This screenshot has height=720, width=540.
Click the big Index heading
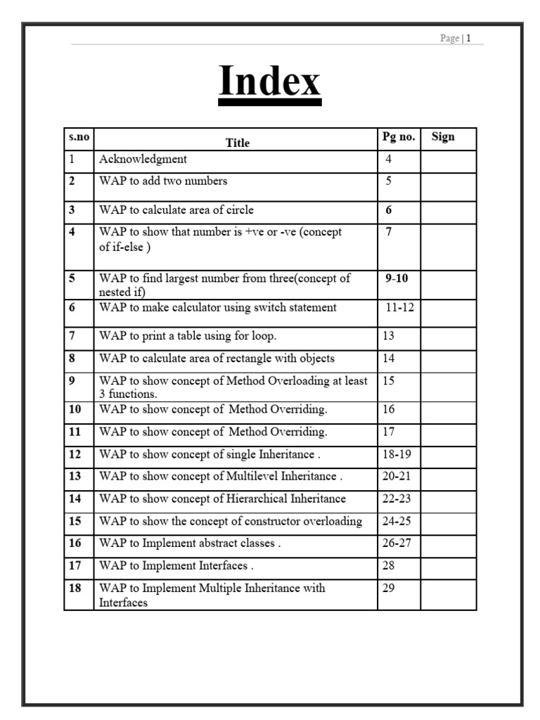(x=269, y=82)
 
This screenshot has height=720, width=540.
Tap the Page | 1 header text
(x=461, y=39)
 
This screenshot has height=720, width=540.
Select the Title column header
(x=238, y=143)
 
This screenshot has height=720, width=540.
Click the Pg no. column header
(x=399, y=137)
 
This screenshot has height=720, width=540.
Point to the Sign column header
(x=443, y=137)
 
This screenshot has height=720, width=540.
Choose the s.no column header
(x=79, y=137)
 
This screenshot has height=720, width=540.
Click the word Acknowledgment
(x=143, y=160)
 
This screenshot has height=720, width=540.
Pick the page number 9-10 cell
(x=397, y=278)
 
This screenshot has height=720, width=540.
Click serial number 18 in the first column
(x=75, y=588)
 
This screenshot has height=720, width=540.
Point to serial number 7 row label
(x=72, y=336)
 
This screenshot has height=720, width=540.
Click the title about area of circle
(x=176, y=210)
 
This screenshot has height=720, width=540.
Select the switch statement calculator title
(x=218, y=307)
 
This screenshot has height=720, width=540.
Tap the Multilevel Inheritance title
(x=221, y=476)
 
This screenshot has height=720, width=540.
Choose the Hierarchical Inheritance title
(x=222, y=499)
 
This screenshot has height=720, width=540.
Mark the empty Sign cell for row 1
(x=448, y=161)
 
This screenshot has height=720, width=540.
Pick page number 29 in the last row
(x=388, y=588)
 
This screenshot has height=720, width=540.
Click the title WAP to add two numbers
(x=163, y=181)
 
